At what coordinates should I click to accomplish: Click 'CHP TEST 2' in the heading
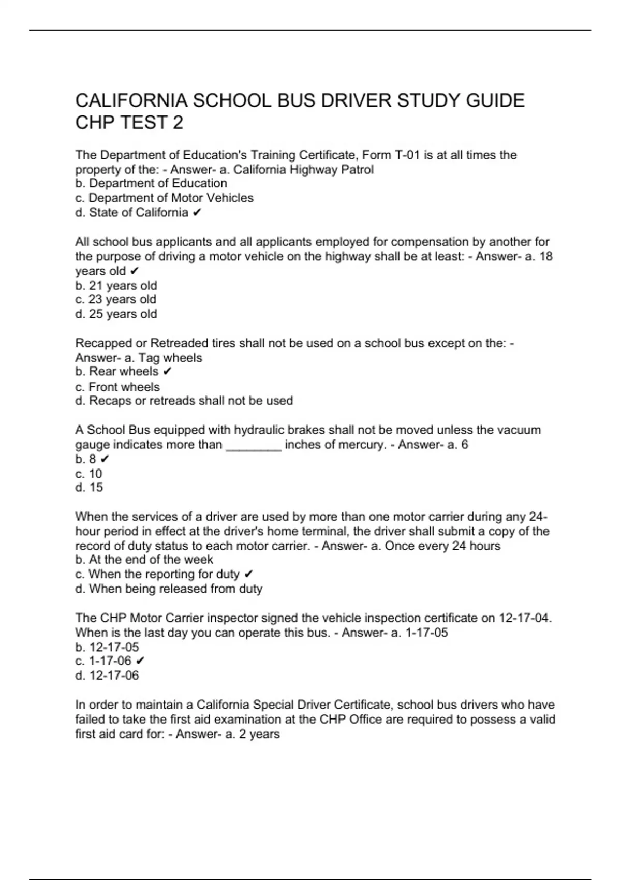click(x=129, y=123)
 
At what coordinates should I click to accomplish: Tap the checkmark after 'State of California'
click(x=197, y=213)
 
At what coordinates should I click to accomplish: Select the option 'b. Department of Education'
click(x=151, y=183)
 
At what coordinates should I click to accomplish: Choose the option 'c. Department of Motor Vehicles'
click(x=164, y=198)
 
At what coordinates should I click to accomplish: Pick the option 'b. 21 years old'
click(x=116, y=285)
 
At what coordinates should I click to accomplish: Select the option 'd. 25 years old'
click(x=116, y=314)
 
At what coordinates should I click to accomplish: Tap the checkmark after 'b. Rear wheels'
click(x=167, y=372)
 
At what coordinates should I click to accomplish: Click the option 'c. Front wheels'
click(x=117, y=387)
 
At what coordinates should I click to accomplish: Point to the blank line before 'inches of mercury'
click(x=254, y=445)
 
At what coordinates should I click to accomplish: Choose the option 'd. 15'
click(x=89, y=487)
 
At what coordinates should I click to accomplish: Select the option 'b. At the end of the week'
click(x=144, y=560)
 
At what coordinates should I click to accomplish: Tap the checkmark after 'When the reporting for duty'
click(x=248, y=574)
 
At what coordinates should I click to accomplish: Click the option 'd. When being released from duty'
click(x=169, y=589)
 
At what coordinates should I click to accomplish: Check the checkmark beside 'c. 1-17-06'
click(x=140, y=661)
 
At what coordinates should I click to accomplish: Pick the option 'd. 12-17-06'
click(x=107, y=675)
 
